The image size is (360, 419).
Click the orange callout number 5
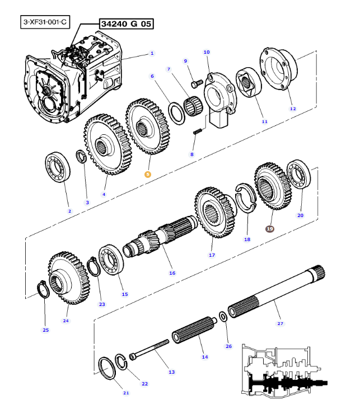(x=148, y=175)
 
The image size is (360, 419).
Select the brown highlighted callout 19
(x=270, y=229)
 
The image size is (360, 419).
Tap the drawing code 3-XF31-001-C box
(x=45, y=22)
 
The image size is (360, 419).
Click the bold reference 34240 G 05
(x=126, y=24)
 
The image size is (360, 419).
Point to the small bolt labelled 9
(x=197, y=84)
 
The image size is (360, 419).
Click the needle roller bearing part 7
(x=193, y=106)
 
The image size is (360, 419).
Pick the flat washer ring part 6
(x=176, y=114)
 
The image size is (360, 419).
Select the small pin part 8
(x=198, y=131)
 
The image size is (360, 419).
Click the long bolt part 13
(x=149, y=349)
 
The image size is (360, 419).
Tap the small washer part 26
(x=223, y=317)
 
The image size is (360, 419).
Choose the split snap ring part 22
(x=121, y=362)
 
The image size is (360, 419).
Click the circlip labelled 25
(x=43, y=289)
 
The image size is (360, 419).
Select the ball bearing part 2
(x=58, y=167)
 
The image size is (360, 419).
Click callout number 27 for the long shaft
(x=280, y=323)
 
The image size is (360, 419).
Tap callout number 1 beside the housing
(x=152, y=53)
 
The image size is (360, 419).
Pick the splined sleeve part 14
(x=194, y=329)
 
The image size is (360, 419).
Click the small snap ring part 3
(x=82, y=156)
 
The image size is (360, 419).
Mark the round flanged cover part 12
(x=278, y=69)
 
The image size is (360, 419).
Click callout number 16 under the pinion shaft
(x=172, y=273)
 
